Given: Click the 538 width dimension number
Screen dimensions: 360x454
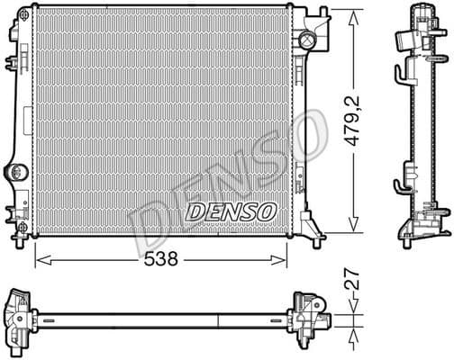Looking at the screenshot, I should (x=160, y=258).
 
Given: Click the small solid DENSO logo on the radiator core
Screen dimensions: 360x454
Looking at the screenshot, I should (x=231, y=211).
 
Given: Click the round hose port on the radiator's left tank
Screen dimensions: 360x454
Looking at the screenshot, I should (x=17, y=172).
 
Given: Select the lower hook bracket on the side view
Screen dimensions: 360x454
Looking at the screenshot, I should (x=402, y=188).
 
